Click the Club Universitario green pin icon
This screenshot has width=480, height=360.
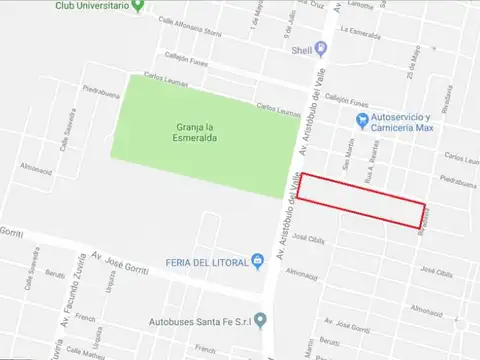coord(138,5)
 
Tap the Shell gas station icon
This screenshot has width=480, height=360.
coord(321,47)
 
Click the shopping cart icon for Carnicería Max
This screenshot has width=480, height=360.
coord(362,121)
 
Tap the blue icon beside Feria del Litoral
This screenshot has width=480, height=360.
coord(258,262)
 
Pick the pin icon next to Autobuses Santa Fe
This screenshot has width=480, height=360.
coord(260,321)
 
